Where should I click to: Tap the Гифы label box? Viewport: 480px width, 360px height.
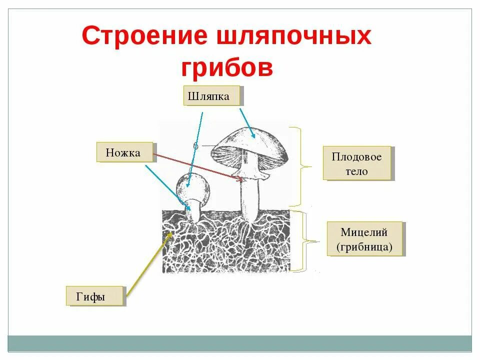[94, 296]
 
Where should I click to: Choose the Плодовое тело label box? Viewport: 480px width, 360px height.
[356, 163]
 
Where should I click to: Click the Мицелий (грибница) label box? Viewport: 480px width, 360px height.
[364, 239]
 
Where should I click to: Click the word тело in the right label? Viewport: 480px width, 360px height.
[356, 171]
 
